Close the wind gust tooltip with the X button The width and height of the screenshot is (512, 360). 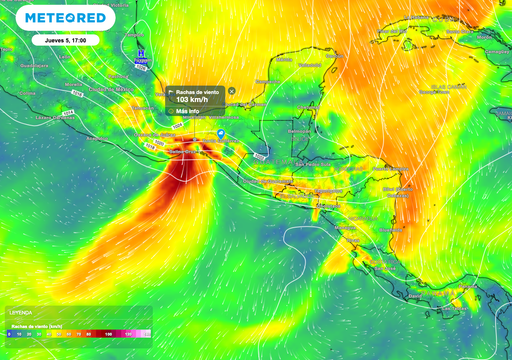click(x=232, y=91)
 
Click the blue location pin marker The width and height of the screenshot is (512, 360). click(x=220, y=132)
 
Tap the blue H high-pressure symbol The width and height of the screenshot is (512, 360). click(x=142, y=50)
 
